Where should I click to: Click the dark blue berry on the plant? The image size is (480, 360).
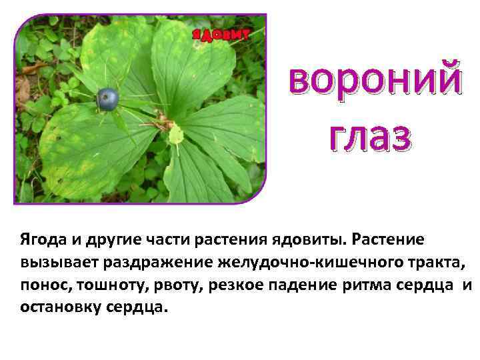108,99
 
